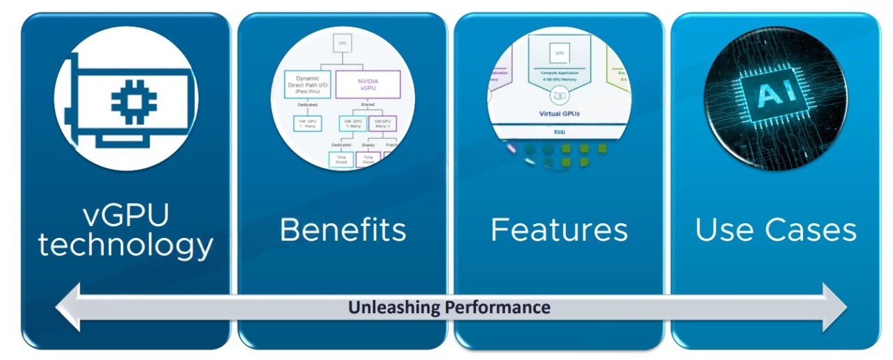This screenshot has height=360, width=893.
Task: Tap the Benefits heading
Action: (343, 230)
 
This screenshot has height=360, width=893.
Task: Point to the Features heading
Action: (559, 230)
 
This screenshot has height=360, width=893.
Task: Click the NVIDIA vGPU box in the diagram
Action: (368, 84)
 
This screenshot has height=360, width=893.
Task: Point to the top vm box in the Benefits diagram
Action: (342, 43)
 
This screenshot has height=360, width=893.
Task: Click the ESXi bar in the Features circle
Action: (559, 130)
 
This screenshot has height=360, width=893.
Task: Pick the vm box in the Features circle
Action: (558, 52)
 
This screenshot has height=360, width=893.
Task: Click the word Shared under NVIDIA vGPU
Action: (368, 105)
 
